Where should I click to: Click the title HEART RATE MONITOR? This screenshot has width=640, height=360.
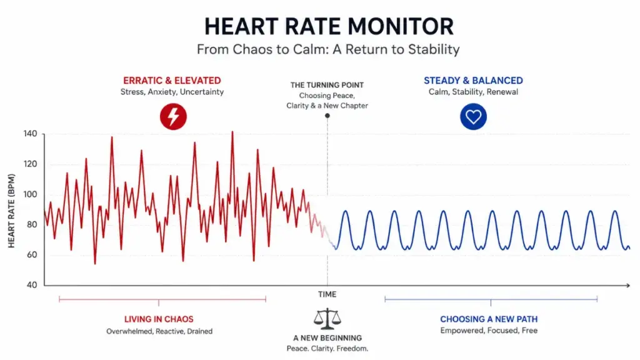click(329, 26)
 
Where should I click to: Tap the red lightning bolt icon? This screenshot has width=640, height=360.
click(174, 117)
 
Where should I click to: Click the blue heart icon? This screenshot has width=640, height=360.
click(474, 117)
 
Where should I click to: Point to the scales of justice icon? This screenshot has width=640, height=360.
click(327, 319)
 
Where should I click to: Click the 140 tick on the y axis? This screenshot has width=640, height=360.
click(30, 134)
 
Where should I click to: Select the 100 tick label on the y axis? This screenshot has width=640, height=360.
click(30, 194)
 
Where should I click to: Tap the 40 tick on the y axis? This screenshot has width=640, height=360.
click(32, 285)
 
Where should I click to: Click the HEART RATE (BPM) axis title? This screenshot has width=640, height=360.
click(11, 211)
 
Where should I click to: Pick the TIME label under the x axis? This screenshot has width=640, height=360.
click(327, 294)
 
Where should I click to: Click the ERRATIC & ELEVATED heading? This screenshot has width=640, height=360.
click(172, 81)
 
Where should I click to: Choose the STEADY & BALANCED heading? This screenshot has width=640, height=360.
click(474, 81)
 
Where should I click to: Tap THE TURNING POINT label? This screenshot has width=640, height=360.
click(327, 85)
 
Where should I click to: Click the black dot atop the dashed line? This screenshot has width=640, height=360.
click(327, 116)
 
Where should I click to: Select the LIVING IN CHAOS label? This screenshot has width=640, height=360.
click(159, 319)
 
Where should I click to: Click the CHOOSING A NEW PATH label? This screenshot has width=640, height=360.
click(489, 319)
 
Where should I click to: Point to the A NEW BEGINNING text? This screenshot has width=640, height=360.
click(327, 338)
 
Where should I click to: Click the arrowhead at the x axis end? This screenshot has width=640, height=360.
click(628, 285)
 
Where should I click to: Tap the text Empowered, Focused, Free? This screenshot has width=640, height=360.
click(489, 331)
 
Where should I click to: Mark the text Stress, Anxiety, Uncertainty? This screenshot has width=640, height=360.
click(172, 92)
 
